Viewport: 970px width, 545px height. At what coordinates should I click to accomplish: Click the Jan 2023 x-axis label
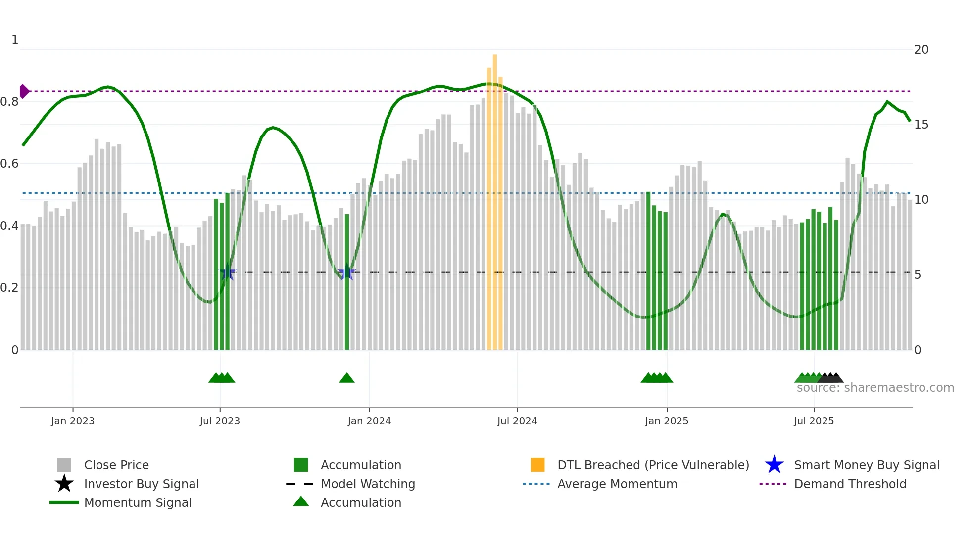click(73, 421)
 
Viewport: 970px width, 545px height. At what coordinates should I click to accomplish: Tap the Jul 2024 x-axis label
click(517, 421)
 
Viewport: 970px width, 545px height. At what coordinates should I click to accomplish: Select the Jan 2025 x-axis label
click(667, 421)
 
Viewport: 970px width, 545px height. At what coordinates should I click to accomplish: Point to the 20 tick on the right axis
click(921, 50)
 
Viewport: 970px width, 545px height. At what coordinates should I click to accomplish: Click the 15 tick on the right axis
click(921, 125)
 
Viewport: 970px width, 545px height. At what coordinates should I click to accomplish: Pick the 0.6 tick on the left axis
click(9, 164)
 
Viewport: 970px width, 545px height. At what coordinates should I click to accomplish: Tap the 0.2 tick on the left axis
click(9, 288)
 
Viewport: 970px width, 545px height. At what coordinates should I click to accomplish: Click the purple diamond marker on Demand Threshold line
click(24, 91)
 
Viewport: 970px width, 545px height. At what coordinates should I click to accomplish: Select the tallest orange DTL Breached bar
click(495, 198)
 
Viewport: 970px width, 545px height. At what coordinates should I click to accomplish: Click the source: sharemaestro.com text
click(875, 388)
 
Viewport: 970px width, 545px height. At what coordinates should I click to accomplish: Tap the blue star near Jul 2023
click(228, 272)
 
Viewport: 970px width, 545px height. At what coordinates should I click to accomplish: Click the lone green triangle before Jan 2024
click(347, 378)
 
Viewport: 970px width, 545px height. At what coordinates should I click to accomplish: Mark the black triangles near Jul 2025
click(831, 378)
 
